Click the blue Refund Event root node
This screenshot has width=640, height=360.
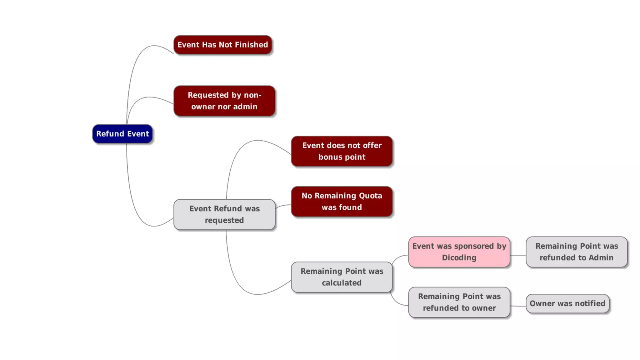[122, 134]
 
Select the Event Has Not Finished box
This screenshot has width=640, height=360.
[222, 45]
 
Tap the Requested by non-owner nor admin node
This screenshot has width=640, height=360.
[224, 101]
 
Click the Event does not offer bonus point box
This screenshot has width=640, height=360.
[342, 151]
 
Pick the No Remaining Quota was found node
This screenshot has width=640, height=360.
[342, 201]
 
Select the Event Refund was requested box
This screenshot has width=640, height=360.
[224, 214]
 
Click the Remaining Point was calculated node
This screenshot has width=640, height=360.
[342, 277]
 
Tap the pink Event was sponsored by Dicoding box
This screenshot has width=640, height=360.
[459, 252]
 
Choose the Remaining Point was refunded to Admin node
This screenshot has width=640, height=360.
[577, 252]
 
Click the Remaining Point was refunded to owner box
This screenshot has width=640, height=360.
[459, 302]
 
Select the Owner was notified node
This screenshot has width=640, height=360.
[567, 303]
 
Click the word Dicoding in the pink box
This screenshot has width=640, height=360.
[459, 258]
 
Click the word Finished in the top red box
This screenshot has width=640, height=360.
[251, 45]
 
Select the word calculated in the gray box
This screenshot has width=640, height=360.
[342, 283]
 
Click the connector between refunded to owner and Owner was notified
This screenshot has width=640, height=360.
[518, 306]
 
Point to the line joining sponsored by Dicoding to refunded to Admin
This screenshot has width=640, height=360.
[518, 255]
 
